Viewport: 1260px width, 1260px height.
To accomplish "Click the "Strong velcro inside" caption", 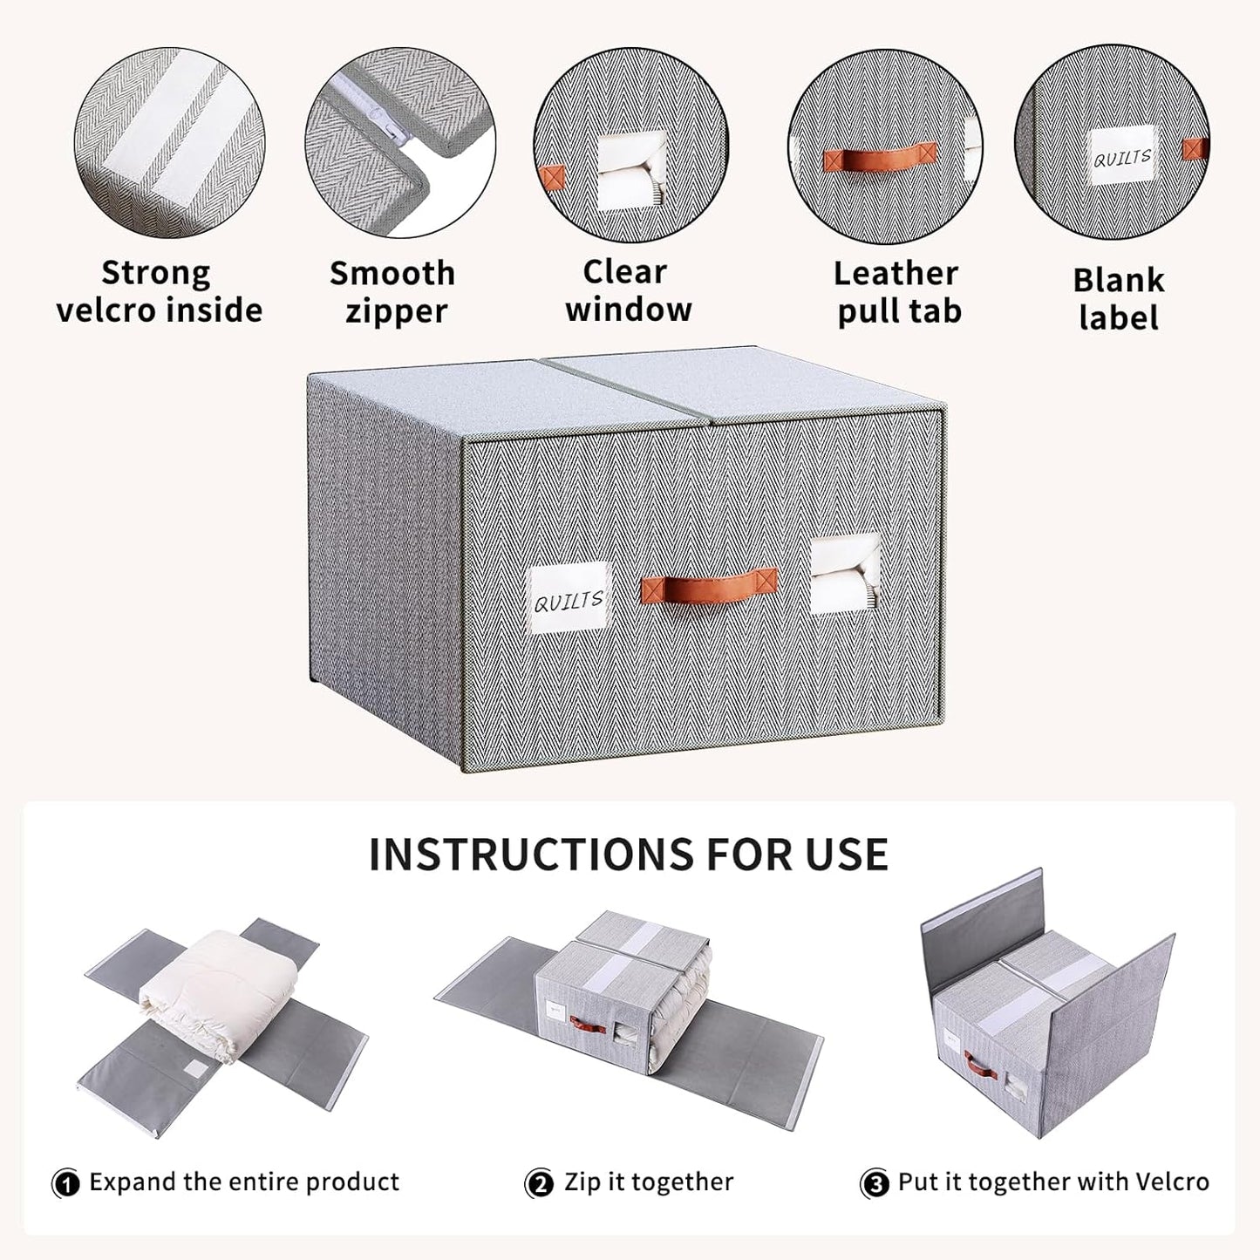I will [x=159, y=291].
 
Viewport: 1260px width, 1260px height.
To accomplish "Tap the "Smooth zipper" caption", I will [x=392, y=291].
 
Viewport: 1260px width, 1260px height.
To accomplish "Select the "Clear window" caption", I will [x=628, y=290].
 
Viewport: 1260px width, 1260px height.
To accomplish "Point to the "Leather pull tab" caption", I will [x=897, y=291].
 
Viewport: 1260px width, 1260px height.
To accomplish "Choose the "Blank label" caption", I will [x=1118, y=298].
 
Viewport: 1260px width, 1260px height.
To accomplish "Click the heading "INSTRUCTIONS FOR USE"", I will [x=629, y=855].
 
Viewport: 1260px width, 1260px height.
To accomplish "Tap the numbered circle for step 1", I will [x=66, y=1183].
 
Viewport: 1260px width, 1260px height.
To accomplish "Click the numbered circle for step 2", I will [x=539, y=1183].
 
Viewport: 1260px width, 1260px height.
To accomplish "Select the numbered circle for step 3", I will [x=875, y=1183].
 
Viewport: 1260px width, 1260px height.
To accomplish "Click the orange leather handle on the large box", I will [x=708, y=587].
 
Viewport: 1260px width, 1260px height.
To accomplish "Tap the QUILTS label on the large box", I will [x=569, y=599].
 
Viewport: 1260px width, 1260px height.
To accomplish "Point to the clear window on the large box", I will [x=844, y=574].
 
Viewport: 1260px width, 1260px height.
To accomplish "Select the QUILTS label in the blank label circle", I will [x=1122, y=157].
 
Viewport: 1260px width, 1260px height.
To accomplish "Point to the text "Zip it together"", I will [x=648, y=1182].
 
